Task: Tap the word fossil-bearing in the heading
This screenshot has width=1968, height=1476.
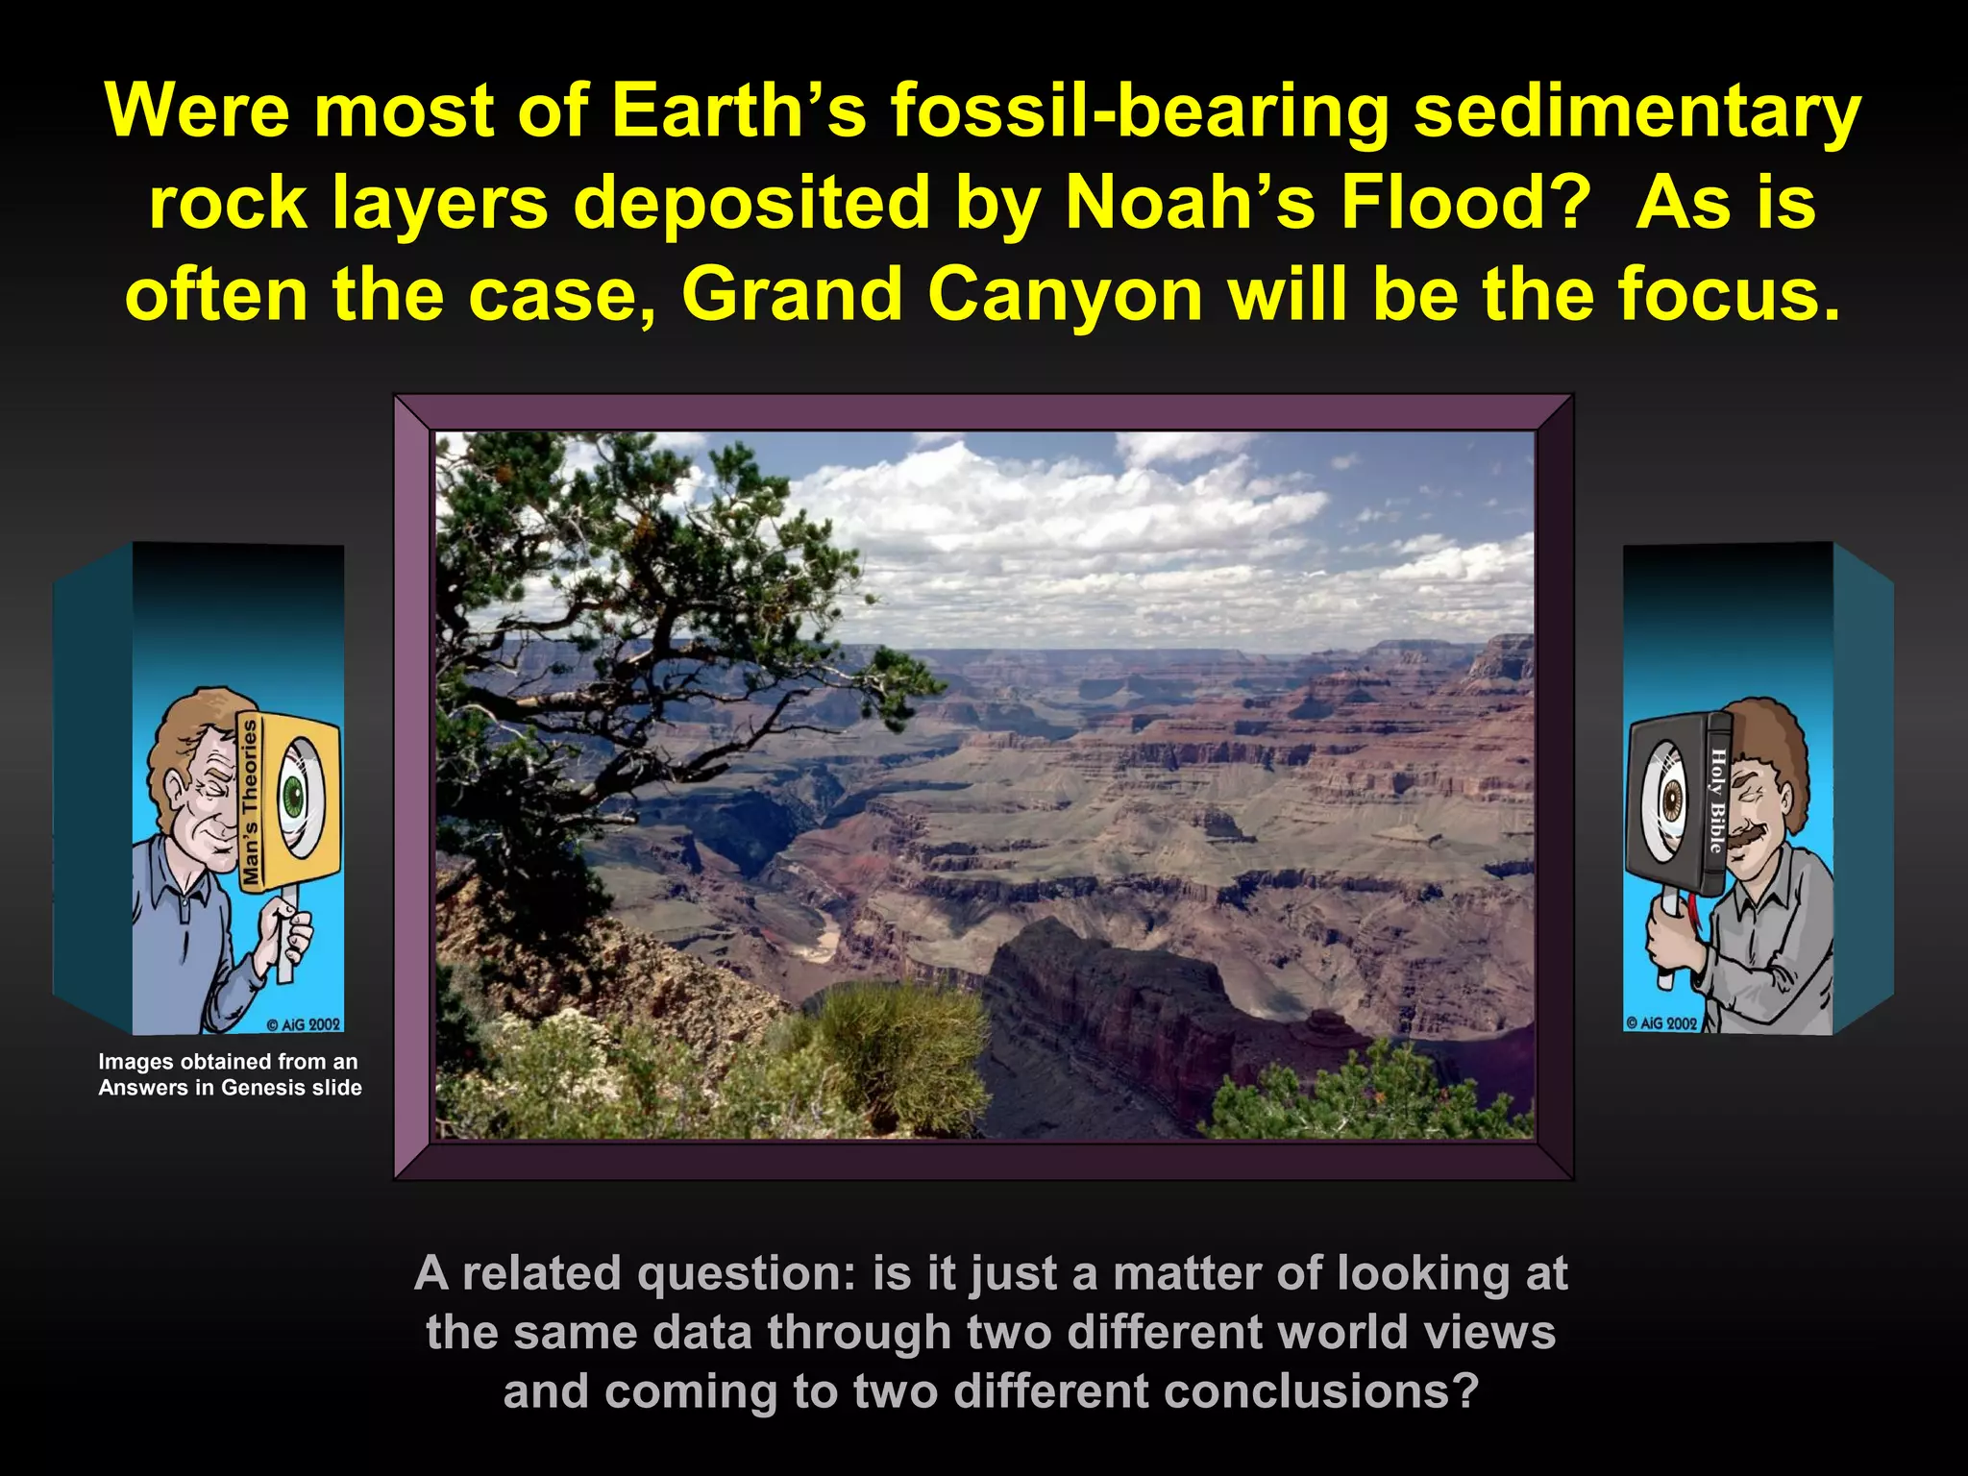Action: pyautogui.click(x=1139, y=111)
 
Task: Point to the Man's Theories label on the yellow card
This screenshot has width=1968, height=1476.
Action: pyautogui.click(x=251, y=802)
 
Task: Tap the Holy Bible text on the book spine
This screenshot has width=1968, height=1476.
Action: pyautogui.click(x=1716, y=800)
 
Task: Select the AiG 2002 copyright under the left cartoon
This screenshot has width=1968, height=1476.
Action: pyautogui.click(x=303, y=1024)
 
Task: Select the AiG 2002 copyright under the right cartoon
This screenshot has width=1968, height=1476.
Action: pyautogui.click(x=1660, y=1022)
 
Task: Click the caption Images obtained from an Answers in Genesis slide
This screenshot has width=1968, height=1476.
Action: pyautogui.click(x=230, y=1074)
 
